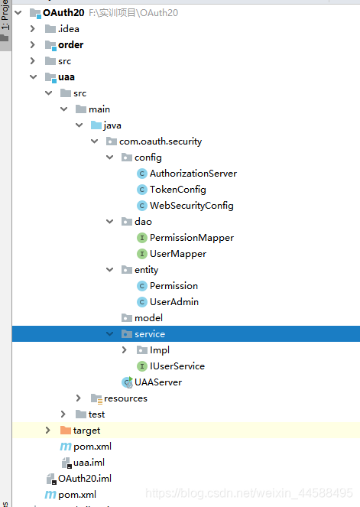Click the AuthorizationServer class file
(193, 174)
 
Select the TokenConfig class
(177, 190)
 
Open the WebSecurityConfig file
(191, 206)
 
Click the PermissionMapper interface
(191, 238)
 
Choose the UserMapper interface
(177, 254)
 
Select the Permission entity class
(174, 286)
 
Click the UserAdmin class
(174, 302)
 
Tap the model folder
(148, 318)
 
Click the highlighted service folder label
(150, 334)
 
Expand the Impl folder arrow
(125, 350)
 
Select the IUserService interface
(177, 366)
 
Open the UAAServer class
(157, 382)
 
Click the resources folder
(125, 398)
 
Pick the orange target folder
(86, 431)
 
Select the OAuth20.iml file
(84, 479)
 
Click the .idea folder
(68, 29)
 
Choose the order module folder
(70, 45)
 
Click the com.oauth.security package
(160, 141)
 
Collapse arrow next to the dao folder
(110, 222)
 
